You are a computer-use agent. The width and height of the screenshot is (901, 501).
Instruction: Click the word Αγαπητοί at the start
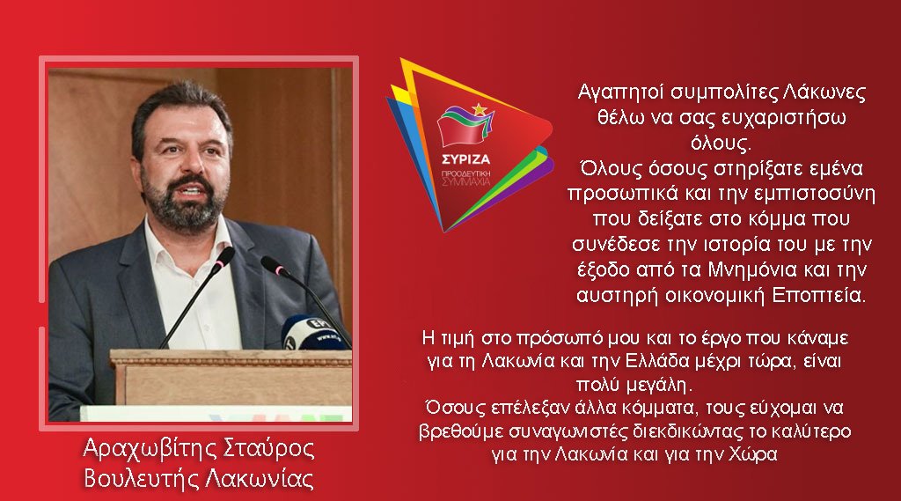coord(620,93)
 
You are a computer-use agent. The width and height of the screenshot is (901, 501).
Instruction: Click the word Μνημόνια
coord(752,269)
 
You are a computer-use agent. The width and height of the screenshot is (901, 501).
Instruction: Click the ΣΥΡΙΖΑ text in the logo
coord(466,159)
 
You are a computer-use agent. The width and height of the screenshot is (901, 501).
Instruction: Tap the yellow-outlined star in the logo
coord(479,108)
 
